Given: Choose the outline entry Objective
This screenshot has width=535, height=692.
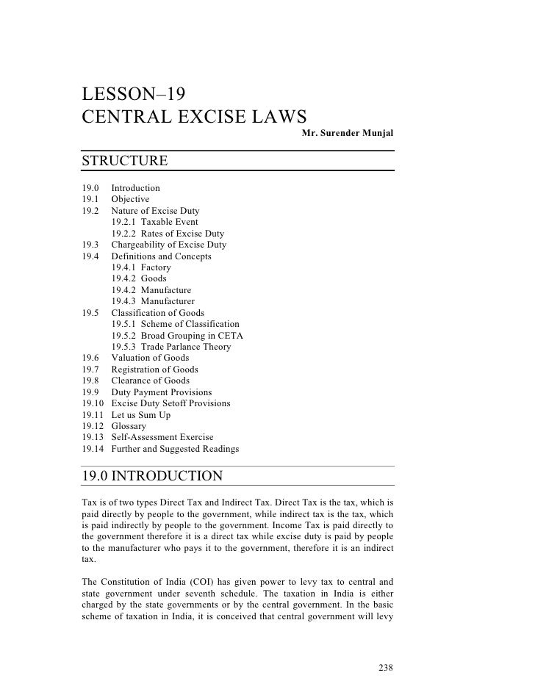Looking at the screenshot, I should (x=130, y=199).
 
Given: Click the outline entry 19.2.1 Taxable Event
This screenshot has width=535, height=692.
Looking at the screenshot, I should (x=154, y=222).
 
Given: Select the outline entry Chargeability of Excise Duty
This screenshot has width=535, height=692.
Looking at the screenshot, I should (x=168, y=245).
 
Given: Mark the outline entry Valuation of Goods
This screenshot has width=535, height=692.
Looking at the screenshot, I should (x=150, y=358).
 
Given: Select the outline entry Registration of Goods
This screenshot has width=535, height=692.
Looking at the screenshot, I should (x=154, y=370).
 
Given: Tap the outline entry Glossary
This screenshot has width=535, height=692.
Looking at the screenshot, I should (x=129, y=426).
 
